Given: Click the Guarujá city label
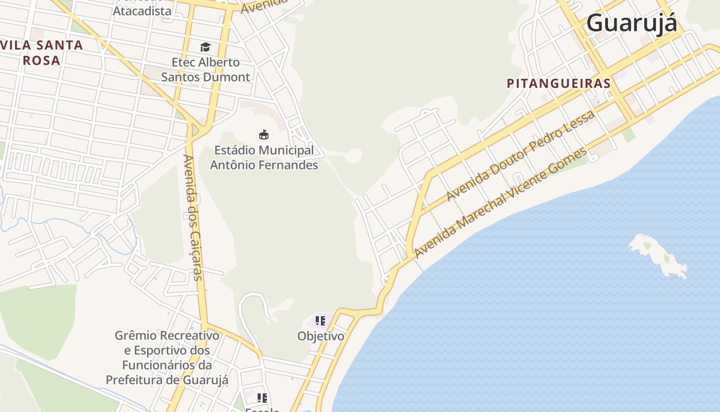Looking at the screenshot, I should (x=632, y=23).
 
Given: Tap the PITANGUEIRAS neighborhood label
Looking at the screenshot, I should (x=559, y=83).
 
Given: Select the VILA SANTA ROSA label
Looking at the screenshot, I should (x=42, y=52).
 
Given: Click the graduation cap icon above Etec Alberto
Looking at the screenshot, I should (x=206, y=47).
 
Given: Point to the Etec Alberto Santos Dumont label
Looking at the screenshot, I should (x=206, y=70).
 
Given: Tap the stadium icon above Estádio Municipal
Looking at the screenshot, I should (x=264, y=135).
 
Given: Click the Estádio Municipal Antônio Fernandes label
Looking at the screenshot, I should (x=264, y=158).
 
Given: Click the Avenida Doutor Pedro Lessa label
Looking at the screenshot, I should (x=520, y=155).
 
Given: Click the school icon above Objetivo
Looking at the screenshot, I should (x=320, y=321).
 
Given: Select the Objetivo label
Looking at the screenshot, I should (x=320, y=336).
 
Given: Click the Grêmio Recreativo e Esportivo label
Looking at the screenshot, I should (x=167, y=358).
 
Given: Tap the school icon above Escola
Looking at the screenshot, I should (x=262, y=398).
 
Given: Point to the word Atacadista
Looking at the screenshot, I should (x=142, y=11).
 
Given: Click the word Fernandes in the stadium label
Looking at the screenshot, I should (x=292, y=165).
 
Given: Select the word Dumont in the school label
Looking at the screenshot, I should (x=229, y=77).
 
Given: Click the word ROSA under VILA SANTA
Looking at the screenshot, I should (x=42, y=60).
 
